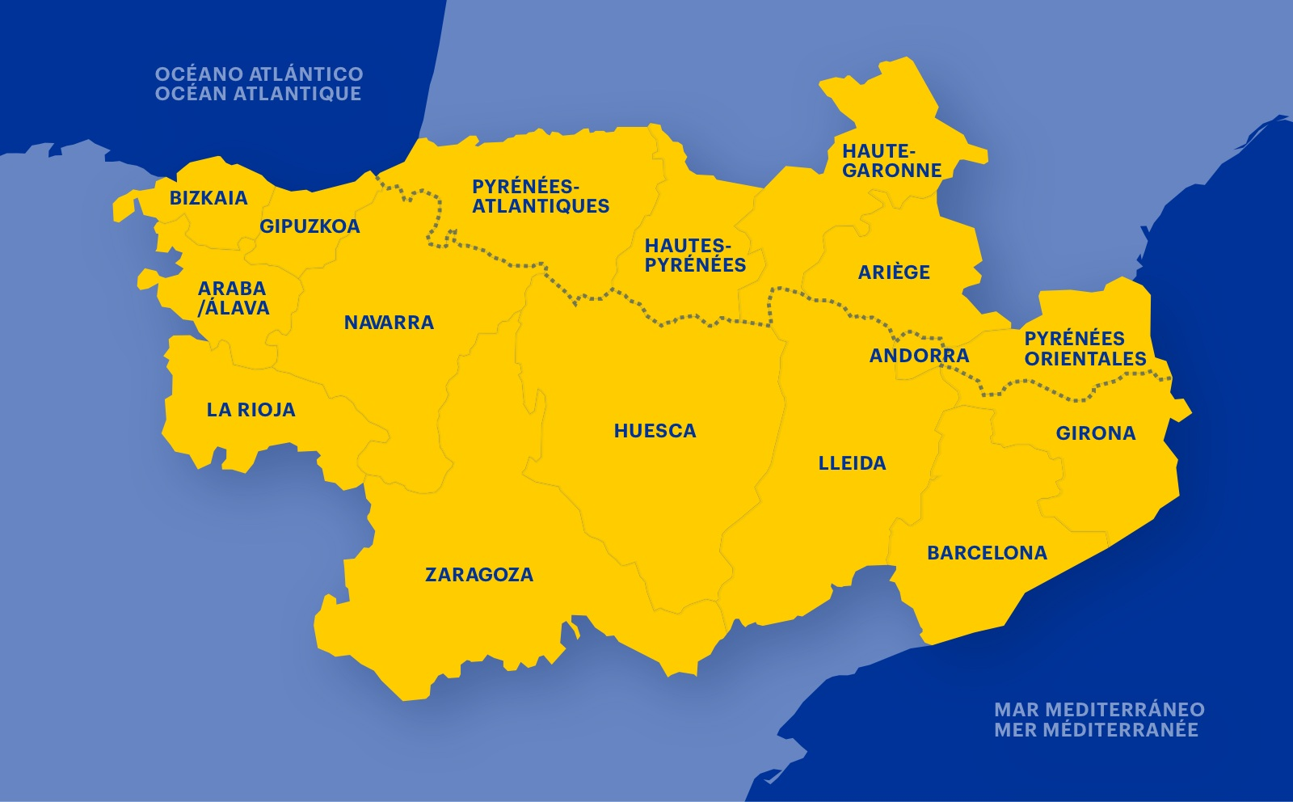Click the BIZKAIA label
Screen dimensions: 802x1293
[x=208, y=198]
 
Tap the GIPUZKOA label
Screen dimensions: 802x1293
[x=310, y=226]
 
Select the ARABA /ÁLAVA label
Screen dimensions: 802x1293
[x=233, y=298]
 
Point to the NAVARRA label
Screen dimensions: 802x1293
[x=389, y=323]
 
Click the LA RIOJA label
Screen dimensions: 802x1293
[x=251, y=410]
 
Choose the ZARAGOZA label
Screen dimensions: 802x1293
[x=479, y=575]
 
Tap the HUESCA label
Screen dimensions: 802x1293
[x=655, y=431]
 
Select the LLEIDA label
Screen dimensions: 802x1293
[x=852, y=463]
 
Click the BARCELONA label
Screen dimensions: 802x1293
[x=987, y=553]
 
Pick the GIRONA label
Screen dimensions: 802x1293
[x=1096, y=433]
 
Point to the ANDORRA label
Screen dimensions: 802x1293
[x=919, y=356]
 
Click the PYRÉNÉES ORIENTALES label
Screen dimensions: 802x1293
[x=1085, y=348]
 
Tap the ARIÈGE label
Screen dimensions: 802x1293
[x=894, y=272]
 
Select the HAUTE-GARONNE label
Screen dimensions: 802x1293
[x=891, y=161]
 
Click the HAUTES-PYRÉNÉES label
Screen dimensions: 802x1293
[x=695, y=255]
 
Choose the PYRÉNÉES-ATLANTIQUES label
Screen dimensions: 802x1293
[x=541, y=196]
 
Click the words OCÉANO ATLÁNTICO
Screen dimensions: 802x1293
[x=259, y=74]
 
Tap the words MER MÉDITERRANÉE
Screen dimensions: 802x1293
[x=1096, y=730]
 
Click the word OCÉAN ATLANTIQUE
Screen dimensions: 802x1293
[x=258, y=94]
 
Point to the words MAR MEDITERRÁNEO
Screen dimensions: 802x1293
[x=1099, y=710]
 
